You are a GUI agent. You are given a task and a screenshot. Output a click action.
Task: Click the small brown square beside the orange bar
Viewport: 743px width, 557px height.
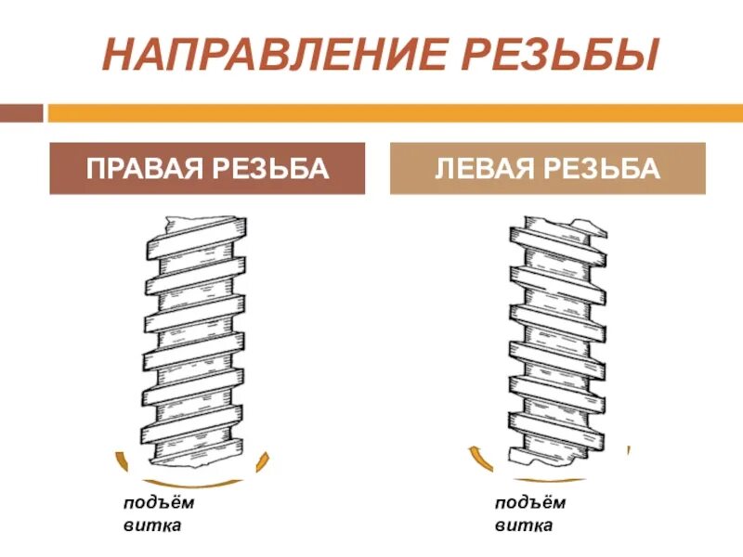click(22, 113)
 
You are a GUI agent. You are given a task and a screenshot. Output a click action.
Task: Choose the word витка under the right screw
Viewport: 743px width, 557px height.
click(523, 525)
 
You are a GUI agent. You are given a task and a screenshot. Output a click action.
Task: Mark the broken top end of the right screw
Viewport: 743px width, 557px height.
click(557, 225)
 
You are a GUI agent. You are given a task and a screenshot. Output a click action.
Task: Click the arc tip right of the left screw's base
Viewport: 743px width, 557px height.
click(267, 456)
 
